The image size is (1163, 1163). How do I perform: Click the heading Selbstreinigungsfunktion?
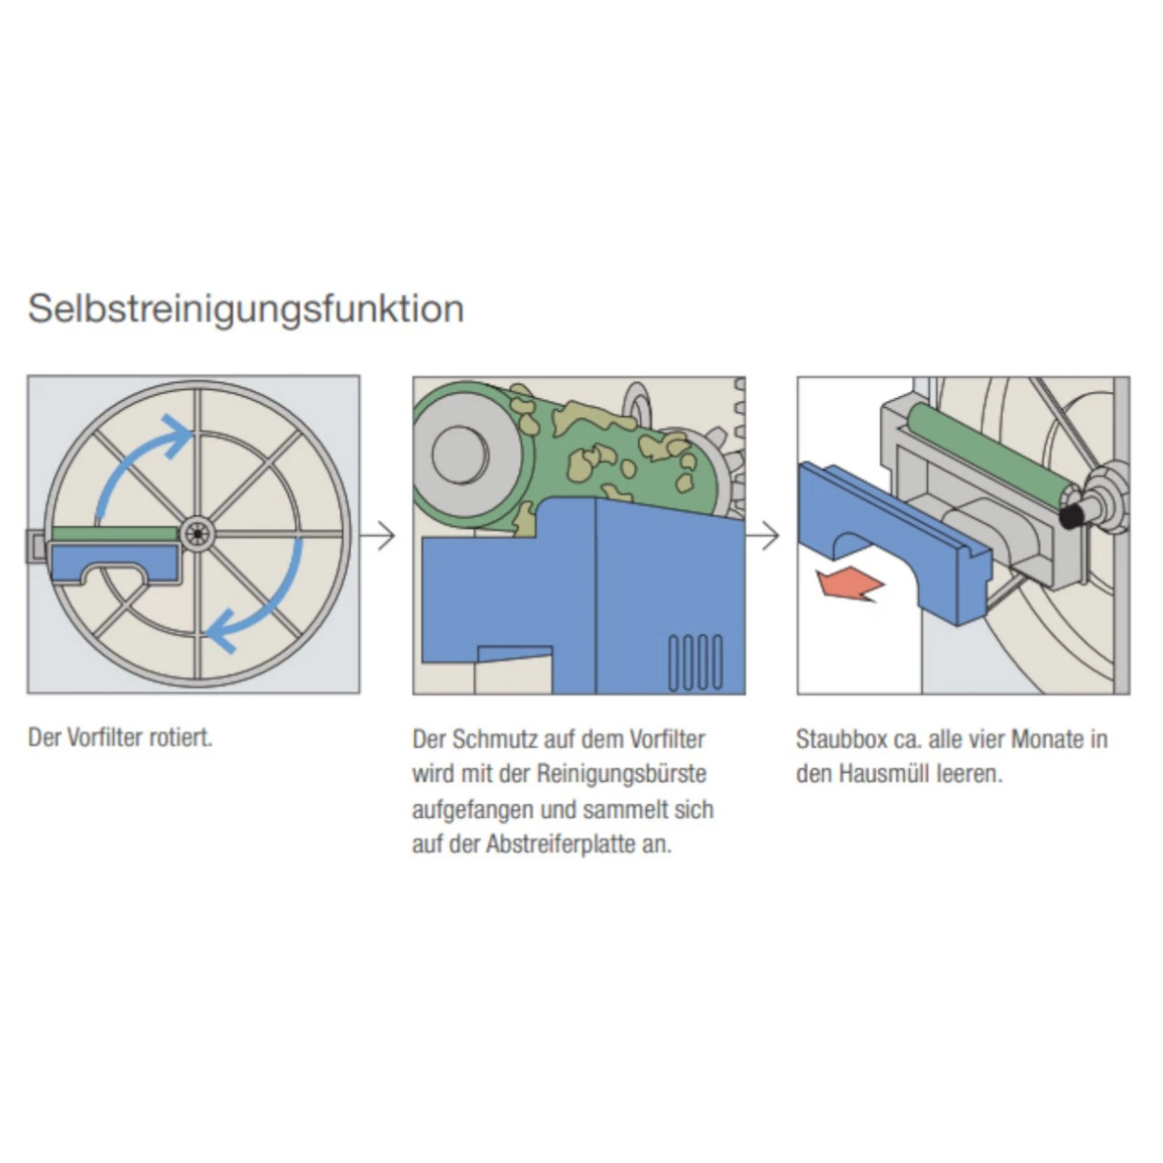pos(245,309)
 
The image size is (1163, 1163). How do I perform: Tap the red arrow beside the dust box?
pos(850,584)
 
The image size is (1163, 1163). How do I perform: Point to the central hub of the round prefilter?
pos(194,535)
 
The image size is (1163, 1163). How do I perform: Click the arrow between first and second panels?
pos(380,536)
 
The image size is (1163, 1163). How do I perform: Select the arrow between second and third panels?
pos(766,536)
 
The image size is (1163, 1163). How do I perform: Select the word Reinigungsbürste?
pos(621,774)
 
